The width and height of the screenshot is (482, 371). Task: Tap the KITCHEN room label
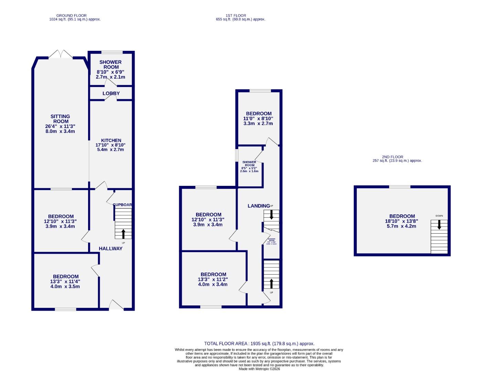click(111, 140)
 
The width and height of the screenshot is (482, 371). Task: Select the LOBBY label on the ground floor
click(111, 93)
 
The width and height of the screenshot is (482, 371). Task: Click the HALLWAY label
click(110, 248)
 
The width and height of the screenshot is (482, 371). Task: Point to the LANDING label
click(259, 206)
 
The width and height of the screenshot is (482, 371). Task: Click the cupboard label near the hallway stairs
click(122, 205)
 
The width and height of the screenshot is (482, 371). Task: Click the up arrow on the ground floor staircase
click(124, 234)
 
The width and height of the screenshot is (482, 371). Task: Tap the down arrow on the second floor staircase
click(439, 225)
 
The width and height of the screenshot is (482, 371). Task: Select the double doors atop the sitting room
click(61, 54)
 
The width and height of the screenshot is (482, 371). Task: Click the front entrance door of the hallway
click(116, 305)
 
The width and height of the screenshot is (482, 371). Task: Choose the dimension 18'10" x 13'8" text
click(401, 222)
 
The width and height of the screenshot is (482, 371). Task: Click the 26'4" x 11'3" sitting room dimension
click(60, 126)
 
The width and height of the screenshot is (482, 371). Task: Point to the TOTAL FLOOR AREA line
click(259, 344)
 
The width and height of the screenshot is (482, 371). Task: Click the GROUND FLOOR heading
click(71, 15)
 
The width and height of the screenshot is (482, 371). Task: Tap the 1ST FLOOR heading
click(236, 15)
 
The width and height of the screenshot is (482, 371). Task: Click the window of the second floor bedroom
click(399, 187)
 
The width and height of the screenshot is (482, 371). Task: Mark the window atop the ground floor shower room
click(111, 52)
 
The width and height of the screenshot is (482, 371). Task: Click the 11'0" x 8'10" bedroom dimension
click(258, 119)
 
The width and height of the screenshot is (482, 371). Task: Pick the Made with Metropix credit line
click(259, 369)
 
